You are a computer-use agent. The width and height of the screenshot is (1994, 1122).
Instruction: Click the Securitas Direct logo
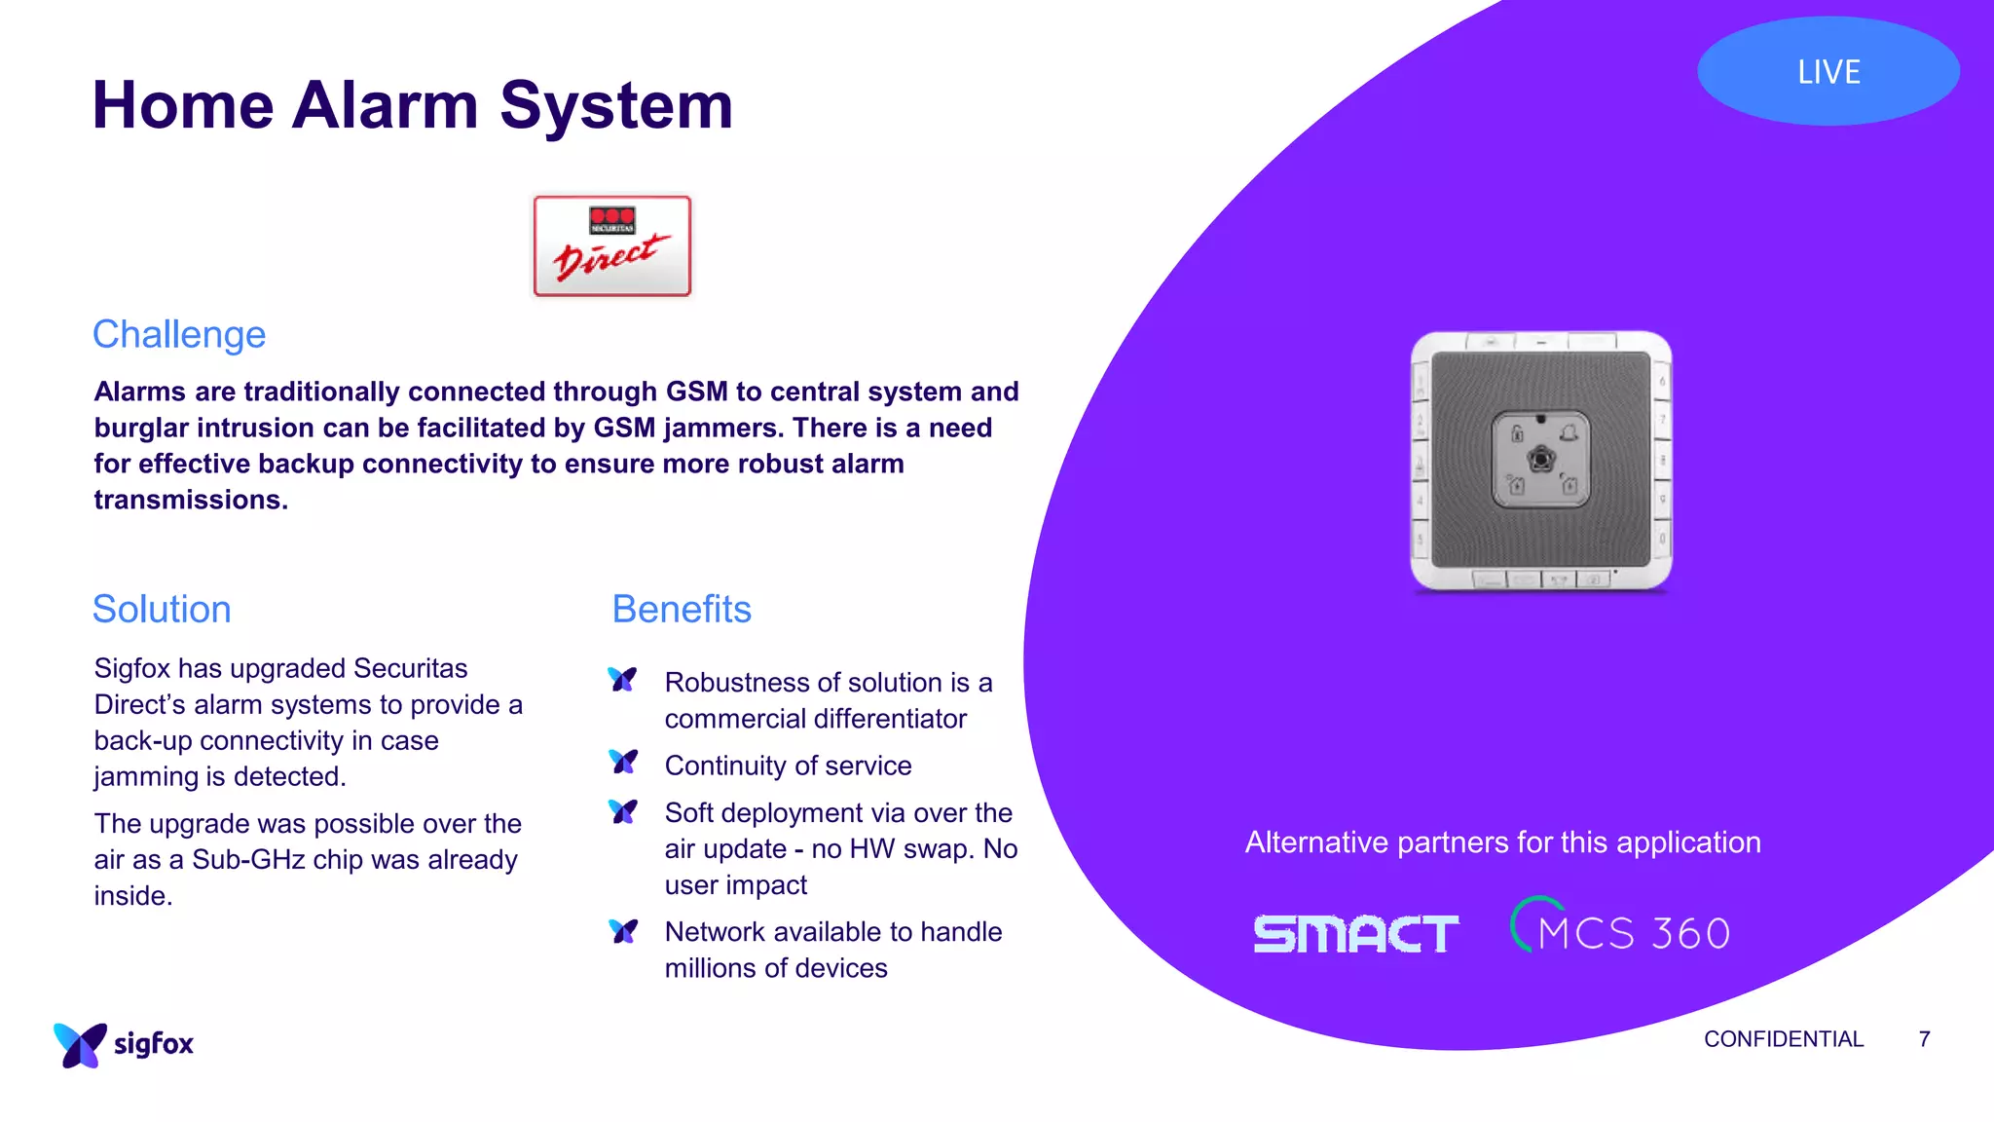(x=611, y=246)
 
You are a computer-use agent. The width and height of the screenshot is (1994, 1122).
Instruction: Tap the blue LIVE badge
(x=1828, y=71)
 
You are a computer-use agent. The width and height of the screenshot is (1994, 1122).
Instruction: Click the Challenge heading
(x=179, y=334)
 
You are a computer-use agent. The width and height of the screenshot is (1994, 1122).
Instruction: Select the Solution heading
(x=162, y=609)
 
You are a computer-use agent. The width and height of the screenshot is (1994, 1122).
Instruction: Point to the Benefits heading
(x=682, y=609)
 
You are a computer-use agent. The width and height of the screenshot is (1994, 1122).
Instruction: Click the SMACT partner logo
(x=1355, y=934)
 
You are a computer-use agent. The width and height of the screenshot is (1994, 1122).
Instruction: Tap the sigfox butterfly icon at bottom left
(x=80, y=1045)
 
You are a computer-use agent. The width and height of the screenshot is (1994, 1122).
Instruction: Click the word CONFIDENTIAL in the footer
(x=1783, y=1039)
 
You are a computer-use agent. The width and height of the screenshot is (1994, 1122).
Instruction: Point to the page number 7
(x=1924, y=1039)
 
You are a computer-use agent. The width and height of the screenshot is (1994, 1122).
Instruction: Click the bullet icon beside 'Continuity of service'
(x=623, y=762)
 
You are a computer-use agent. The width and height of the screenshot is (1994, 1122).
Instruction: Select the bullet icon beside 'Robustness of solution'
(x=623, y=679)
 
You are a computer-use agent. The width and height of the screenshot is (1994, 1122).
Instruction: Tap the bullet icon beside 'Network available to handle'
(x=623, y=931)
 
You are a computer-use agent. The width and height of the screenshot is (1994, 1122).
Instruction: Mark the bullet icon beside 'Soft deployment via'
(x=623, y=810)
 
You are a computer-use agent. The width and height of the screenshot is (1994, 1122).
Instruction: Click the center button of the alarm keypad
(x=1540, y=460)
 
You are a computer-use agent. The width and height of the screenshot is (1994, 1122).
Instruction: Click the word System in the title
(x=616, y=105)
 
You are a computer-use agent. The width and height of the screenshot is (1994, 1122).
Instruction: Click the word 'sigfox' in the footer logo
(x=154, y=1044)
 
